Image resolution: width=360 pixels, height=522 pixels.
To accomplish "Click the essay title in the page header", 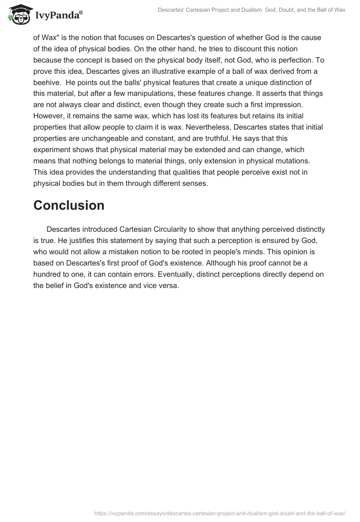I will click(x=251, y=10).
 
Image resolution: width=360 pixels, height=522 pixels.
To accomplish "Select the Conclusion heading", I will click(x=69, y=205).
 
